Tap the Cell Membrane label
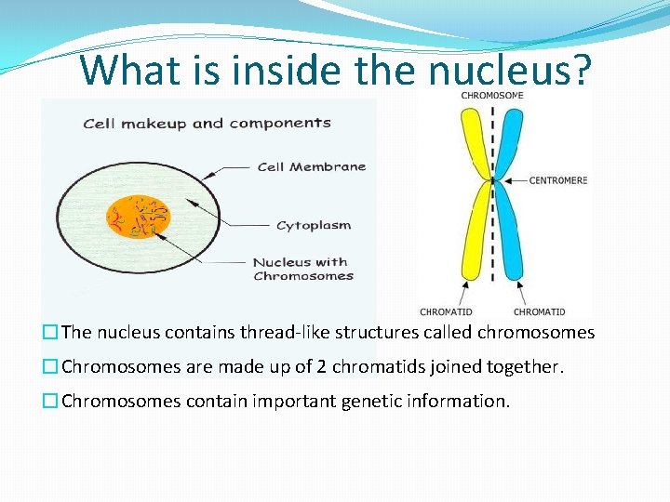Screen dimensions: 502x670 (311, 167)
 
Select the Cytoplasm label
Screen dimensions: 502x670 (314, 225)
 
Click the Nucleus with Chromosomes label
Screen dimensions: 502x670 (302, 269)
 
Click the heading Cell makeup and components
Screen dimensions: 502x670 (207, 123)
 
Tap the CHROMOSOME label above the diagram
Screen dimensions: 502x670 (492, 94)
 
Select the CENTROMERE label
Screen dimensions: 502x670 (558, 180)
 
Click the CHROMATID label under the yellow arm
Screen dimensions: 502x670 (446, 311)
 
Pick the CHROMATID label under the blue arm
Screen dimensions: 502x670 (540, 311)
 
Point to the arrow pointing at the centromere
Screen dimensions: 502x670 (516, 179)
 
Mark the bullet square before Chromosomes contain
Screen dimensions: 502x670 (50, 402)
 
